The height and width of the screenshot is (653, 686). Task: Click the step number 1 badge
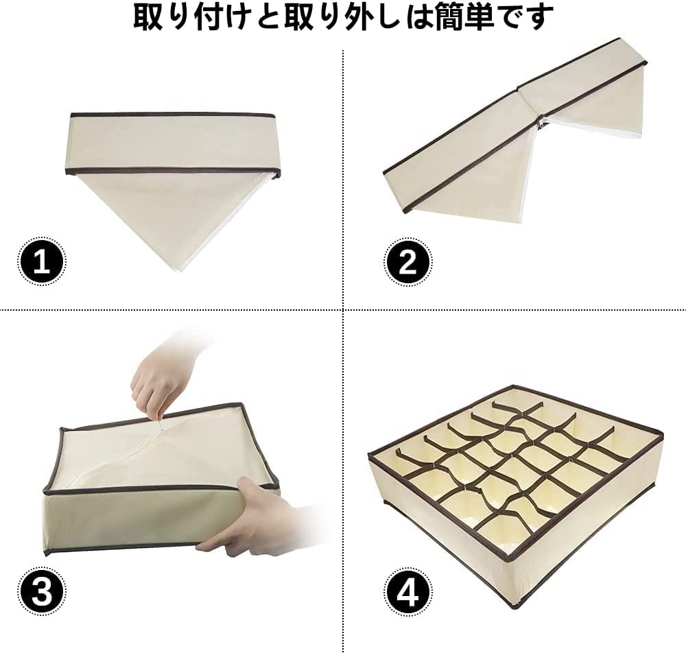(x=42, y=262)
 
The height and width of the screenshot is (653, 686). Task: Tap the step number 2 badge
(x=407, y=262)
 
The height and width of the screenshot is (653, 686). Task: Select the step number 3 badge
(x=42, y=592)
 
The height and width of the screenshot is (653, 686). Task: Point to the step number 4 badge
(x=407, y=592)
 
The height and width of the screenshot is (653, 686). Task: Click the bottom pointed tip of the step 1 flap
(x=179, y=271)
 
